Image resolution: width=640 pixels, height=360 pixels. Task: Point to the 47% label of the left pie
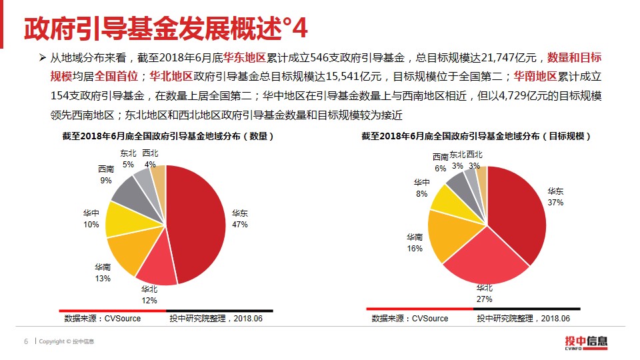[x=240, y=225]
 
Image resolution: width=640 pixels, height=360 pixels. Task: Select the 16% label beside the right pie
[x=415, y=248]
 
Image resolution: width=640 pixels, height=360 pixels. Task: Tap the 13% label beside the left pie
[x=102, y=278]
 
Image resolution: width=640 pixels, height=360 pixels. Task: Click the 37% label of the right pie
[x=555, y=201]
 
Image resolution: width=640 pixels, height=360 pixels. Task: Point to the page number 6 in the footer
[x=26, y=343]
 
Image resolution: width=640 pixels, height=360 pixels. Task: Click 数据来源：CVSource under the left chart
[x=102, y=319]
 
